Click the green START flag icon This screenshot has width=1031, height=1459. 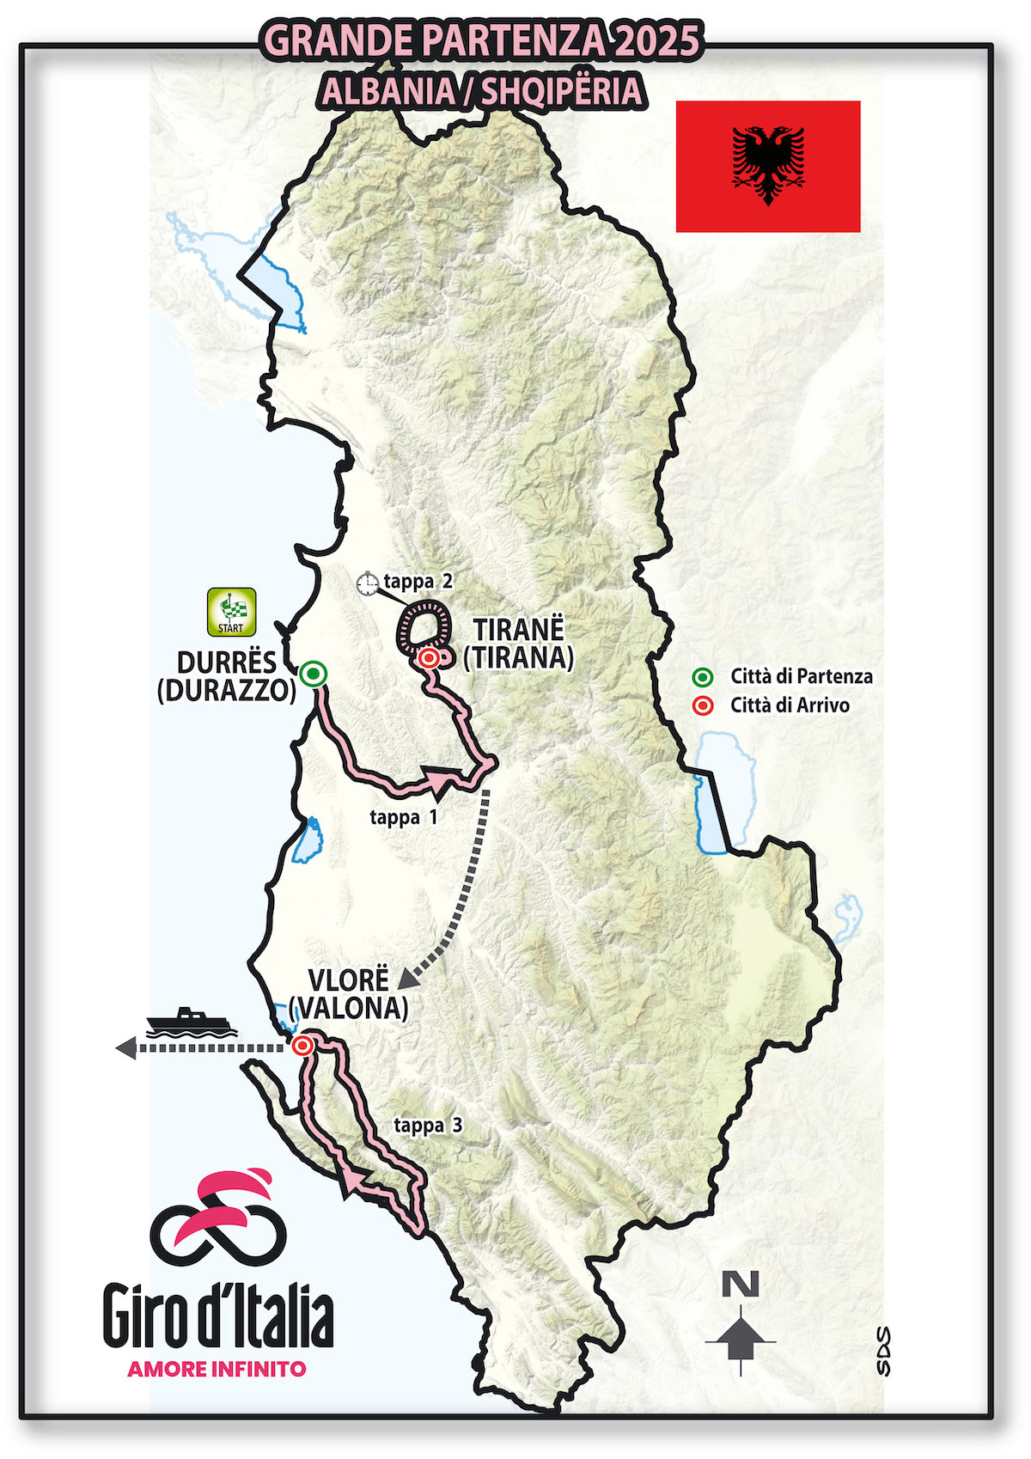coord(231,612)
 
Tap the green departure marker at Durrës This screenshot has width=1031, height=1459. coord(314,674)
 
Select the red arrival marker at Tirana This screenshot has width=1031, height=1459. coord(429,658)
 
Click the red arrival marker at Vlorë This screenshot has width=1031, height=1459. coord(302,1046)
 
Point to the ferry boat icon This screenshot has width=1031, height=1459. coord(191,1023)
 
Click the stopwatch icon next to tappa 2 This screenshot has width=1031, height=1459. coord(368,583)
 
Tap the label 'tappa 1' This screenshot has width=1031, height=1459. coord(404,817)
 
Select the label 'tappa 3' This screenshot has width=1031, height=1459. coord(428,1125)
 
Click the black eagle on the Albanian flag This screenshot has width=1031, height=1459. coord(768,165)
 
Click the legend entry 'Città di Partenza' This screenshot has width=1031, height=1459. coord(801,676)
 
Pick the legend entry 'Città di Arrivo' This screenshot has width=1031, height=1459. coord(789,705)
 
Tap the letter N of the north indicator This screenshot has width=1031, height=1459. coord(741,1285)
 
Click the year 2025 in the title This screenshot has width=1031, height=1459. coord(656,40)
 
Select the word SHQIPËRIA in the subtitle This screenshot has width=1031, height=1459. coord(562,91)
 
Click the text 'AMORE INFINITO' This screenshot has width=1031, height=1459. coord(217,1369)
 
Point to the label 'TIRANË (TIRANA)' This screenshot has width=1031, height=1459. coord(518,643)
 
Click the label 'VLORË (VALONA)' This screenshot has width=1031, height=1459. coord(348,993)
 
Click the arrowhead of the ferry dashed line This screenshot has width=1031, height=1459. coord(125,1047)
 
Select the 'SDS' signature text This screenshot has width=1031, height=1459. coord(882,1351)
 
